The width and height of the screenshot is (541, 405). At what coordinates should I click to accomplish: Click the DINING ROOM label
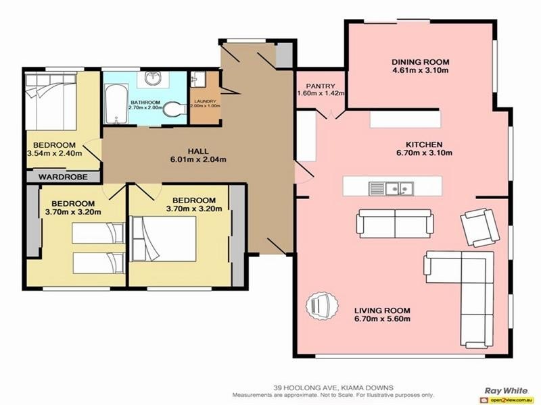pyautogui.click(x=420, y=62)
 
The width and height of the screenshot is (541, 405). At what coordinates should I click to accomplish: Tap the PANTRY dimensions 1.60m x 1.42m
pyautogui.click(x=321, y=93)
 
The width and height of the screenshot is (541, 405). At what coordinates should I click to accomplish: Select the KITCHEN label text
pyautogui.click(x=423, y=144)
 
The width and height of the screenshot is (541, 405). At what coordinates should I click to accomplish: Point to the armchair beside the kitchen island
pyautogui.click(x=477, y=226)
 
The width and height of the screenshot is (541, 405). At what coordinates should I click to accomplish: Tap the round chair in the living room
pyautogui.click(x=318, y=308)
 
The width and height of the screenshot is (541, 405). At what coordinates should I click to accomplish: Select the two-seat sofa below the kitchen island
pyautogui.click(x=394, y=223)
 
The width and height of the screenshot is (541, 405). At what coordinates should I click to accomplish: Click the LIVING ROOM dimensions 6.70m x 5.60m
pyautogui.click(x=382, y=319)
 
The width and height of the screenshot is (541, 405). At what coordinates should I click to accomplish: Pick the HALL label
pyautogui.click(x=197, y=151)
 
